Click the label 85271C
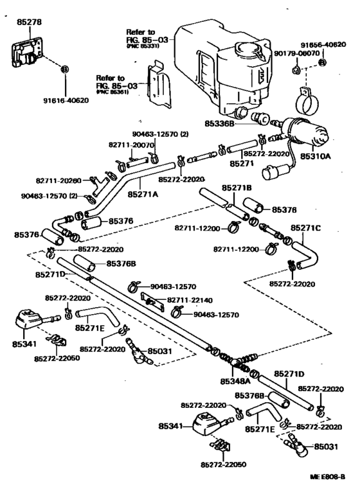tap(305, 227)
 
